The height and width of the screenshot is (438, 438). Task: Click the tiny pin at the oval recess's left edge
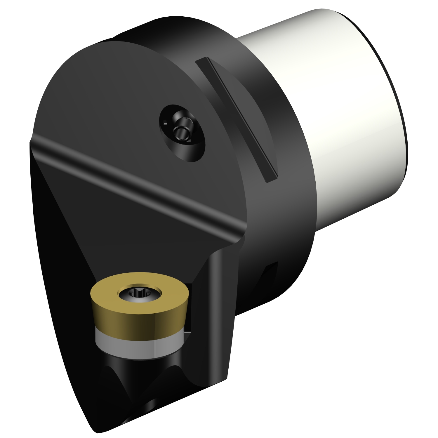165,123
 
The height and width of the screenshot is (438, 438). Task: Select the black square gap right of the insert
188,307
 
